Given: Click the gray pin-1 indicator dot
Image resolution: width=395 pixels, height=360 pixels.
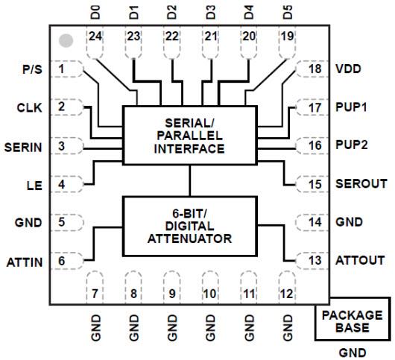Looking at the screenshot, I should point(67,40).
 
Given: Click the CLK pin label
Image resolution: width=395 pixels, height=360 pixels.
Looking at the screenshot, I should point(30,107).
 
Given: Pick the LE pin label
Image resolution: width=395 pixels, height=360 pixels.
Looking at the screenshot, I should point(34,183).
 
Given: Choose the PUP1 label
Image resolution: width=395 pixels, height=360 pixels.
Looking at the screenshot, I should point(354,107).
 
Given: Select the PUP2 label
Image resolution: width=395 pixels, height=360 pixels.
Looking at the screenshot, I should point(354,145).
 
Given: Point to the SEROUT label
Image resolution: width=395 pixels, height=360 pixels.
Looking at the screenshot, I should point(359,183).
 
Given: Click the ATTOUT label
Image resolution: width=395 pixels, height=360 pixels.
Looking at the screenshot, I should point(359,261).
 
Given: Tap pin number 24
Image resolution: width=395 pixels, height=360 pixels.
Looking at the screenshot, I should point(95,37).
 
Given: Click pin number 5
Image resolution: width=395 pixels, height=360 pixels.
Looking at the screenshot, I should point(62,221).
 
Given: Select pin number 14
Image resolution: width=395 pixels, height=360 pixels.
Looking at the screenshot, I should point(315,222).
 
